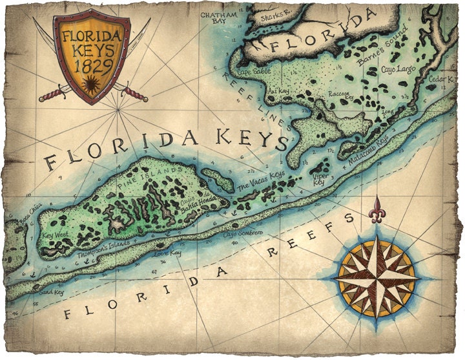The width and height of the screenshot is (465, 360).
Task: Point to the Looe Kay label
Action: pos(167,256)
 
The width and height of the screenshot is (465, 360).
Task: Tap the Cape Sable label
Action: pos(252,72)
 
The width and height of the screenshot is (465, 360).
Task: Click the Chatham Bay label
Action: pos(212,17)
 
